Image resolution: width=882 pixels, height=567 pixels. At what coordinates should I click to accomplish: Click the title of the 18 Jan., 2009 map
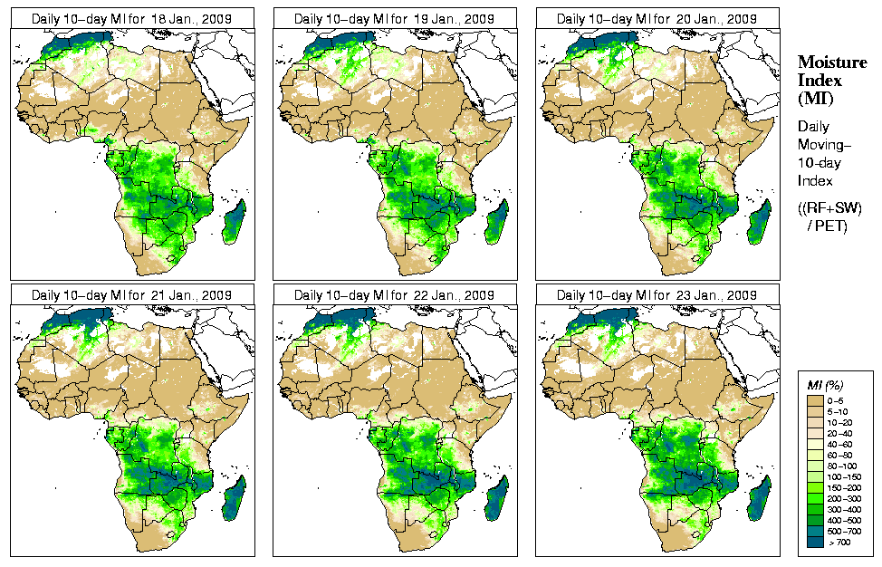[x=131, y=18]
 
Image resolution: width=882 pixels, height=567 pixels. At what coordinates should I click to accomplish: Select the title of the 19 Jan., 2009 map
[x=394, y=18]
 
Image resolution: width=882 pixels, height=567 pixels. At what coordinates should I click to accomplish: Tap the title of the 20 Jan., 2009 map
[x=657, y=18]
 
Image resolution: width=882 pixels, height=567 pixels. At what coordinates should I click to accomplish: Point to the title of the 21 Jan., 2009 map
[x=131, y=295]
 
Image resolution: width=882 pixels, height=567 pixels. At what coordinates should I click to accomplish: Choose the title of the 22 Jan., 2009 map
[x=394, y=295]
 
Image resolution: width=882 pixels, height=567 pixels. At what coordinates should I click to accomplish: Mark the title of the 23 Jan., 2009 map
[x=657, y=295]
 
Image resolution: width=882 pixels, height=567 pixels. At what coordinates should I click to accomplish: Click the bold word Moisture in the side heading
[x=831, y=62]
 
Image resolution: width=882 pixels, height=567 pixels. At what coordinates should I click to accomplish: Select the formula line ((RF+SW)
[x=830, y=208]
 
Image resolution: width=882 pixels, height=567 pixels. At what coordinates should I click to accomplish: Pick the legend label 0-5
[x=838, y=399]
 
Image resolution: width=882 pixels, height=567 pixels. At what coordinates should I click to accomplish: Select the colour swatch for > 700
[x=815, y=541]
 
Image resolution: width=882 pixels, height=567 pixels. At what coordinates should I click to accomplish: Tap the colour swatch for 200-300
[x=815, y=497]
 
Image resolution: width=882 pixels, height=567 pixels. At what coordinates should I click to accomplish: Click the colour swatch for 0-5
[x=815, y=399]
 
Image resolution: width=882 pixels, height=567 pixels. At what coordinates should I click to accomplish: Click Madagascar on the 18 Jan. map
[x=235, y=223]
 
